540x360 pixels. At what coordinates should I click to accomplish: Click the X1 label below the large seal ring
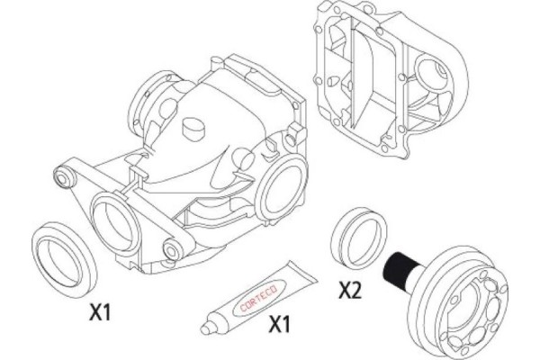click(101, 312)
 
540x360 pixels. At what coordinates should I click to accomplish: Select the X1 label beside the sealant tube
click(279, 324)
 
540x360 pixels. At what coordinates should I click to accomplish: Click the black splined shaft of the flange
click(400, 271)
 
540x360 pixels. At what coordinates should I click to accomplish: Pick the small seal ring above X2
click(359, 238)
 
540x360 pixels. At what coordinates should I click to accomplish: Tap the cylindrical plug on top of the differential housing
click(193, 129)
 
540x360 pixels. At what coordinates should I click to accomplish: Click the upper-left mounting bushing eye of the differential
click(65, 178)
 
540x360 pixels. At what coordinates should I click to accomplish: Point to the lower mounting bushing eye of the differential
click(173, 248)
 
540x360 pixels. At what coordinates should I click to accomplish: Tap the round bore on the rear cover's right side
click(432, 76)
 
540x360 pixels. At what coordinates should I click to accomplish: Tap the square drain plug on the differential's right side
click(295, 134)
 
